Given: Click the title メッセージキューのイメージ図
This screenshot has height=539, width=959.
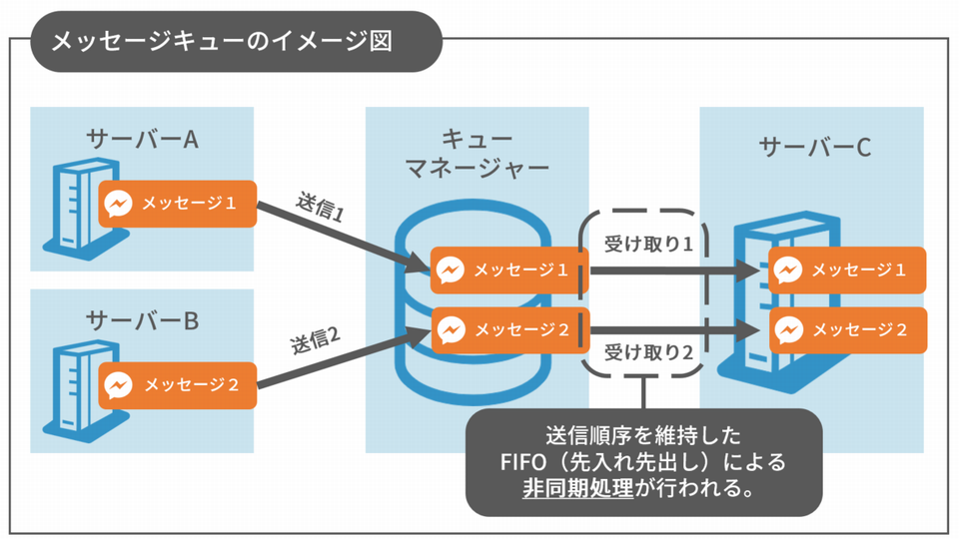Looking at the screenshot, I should pos(221,41).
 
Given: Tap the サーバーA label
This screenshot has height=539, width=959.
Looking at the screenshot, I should pos(143,138).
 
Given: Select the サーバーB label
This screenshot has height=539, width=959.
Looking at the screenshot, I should pos(143,320).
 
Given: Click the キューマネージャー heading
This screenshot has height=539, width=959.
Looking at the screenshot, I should pos(477,152).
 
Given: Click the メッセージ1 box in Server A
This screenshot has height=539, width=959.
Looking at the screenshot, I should pos(178,203).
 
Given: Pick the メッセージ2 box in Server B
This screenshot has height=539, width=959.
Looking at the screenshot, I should pos(178,383).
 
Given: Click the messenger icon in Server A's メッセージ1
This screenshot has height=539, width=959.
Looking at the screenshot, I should pos(118,203).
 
